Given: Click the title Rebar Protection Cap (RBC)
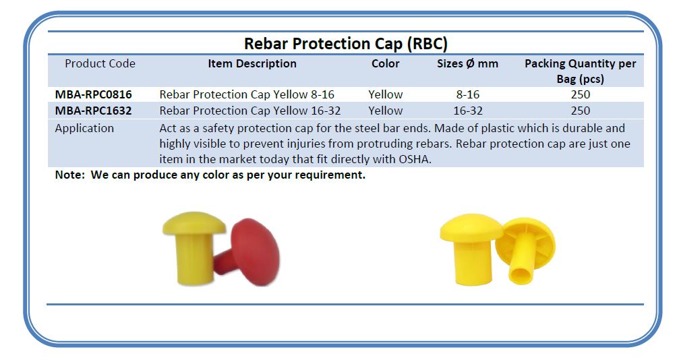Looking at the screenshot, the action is point(346,44).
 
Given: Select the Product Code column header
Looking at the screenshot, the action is point(100,63).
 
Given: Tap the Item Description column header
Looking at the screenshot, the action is point(252,63).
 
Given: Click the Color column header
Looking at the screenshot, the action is point(385,63).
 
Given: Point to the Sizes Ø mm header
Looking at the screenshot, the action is point(467,63).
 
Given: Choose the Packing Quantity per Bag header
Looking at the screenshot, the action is point(581,71).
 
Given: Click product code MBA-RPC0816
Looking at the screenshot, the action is point(93,94).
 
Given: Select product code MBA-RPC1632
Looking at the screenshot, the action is point(93,111).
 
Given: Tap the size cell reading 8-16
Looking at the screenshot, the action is point(467,94).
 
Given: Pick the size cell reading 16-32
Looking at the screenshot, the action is point(467,111).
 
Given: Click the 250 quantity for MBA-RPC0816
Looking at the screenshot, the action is point(581,94).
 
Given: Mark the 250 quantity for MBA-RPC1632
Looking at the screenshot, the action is point(581,111).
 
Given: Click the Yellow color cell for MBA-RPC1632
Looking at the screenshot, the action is point(385,111).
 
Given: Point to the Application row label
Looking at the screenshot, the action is point(84,128).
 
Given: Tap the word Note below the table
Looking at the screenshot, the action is point(69,175).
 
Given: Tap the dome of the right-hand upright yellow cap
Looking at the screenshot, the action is point(471,227).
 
